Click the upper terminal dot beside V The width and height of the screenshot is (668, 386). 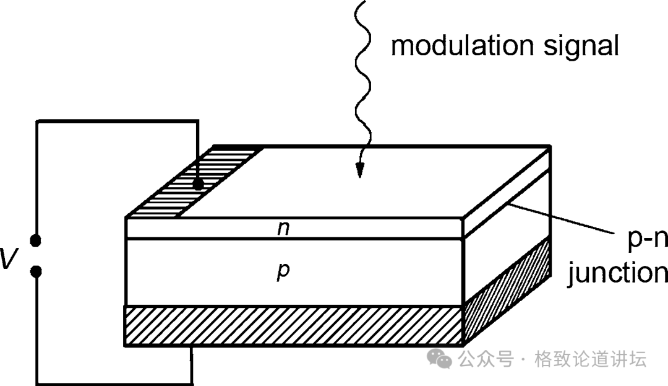point(36,240)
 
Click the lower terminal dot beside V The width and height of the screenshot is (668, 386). point(36,271)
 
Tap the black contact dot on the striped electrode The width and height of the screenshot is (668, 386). point(198,184)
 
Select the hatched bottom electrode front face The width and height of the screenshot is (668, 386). point(294,325)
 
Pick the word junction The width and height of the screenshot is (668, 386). point(617,273)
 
